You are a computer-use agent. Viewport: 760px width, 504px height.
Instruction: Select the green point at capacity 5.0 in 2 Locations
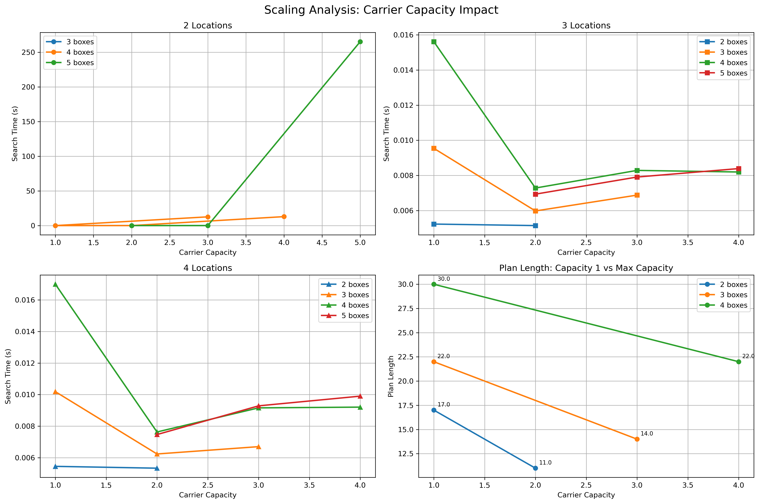pos(360,42)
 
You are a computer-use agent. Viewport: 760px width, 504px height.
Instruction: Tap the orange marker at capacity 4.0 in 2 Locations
pos(284,217)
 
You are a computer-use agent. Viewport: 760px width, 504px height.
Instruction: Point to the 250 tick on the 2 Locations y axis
pos(28,52)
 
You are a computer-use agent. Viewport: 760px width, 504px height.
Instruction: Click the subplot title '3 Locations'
pos(586,26)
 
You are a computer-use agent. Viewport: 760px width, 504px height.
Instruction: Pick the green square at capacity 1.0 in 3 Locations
pos(434,42)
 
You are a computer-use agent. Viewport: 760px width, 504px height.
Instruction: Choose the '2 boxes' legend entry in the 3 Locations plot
pos(733,42)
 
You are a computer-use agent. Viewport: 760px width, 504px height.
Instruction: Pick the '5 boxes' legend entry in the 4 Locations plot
pos(355,316)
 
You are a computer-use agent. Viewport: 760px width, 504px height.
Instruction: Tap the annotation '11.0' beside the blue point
pos(545,462)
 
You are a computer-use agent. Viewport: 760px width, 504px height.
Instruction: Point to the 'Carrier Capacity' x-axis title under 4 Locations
pos(208,495)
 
